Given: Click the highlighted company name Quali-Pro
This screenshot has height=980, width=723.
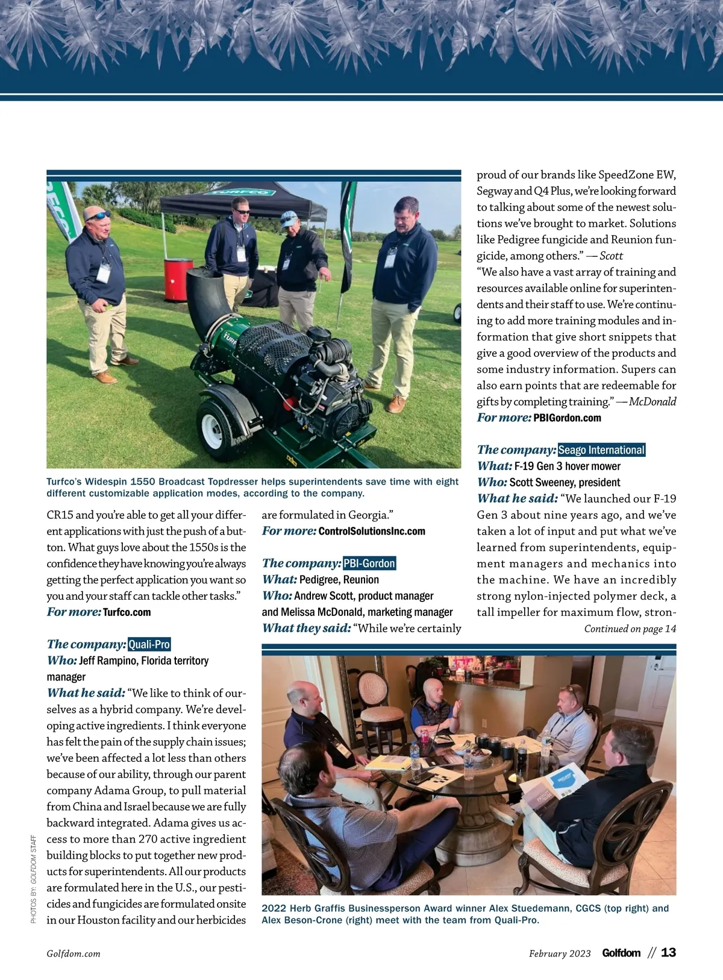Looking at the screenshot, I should pos(149,644).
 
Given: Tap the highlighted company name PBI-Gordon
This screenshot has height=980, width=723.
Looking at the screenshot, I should pos(369,564).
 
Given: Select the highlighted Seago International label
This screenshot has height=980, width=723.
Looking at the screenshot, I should pos(601,450).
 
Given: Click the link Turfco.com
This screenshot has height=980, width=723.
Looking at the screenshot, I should pos(127,612).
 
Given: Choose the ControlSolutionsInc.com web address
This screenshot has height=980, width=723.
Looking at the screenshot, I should pos(371,532).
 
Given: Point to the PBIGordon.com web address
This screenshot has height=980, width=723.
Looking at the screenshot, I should pos(567,418).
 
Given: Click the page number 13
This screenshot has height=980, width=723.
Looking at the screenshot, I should pos(668,953).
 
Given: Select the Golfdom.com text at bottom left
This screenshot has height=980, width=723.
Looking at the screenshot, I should pos(74,954).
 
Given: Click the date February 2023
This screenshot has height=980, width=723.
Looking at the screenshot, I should pos(560,953).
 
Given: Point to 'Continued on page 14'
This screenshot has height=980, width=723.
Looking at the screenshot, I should pos(630,629).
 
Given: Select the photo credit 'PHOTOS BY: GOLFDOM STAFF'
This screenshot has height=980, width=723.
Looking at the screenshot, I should pos(34,879).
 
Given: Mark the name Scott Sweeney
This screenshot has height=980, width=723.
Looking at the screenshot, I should pos(535,483).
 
